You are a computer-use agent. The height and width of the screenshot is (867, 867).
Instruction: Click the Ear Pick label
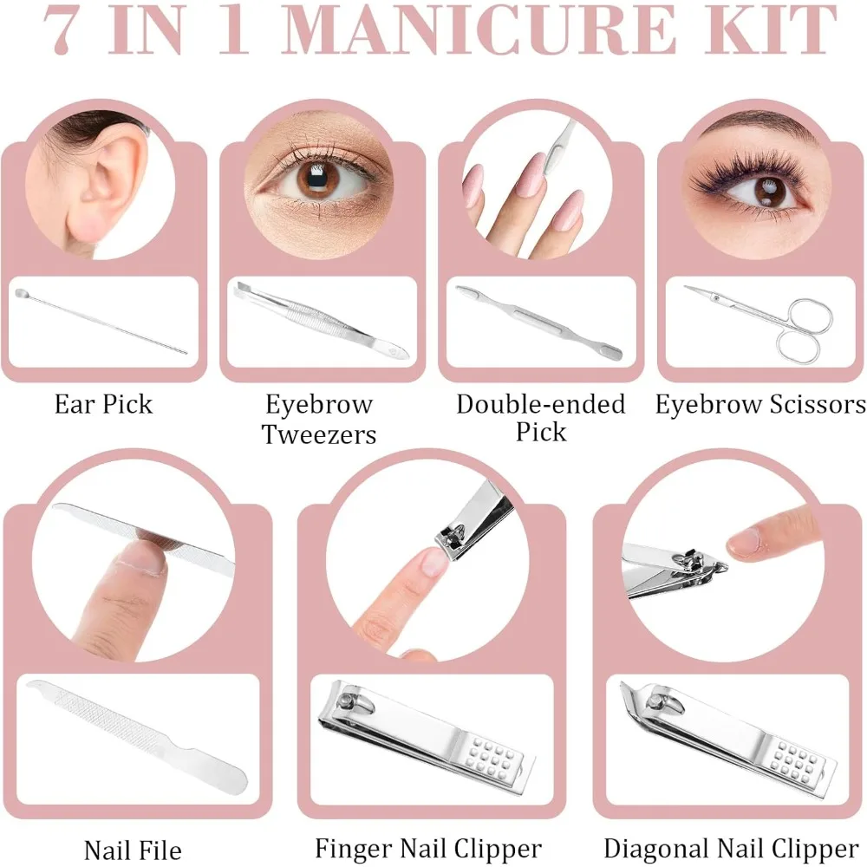click(103, 404)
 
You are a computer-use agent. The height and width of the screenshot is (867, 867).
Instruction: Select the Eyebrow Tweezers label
click(319, 419)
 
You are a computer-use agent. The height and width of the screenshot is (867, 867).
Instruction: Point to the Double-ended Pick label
click(540, 417)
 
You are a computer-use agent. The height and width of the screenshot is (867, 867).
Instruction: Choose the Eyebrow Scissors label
click(759, 404)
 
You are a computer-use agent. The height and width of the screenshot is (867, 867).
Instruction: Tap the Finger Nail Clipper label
click(428, 848)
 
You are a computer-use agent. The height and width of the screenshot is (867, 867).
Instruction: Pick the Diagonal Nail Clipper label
click(731, 848)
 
